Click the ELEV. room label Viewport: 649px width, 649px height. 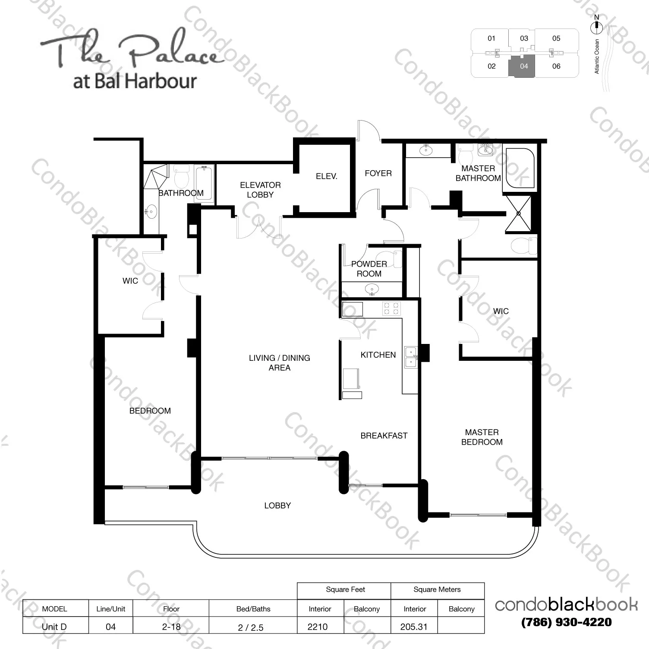pyautogui.click(x=326, y=176)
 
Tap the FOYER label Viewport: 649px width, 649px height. pyautogui.click(x=378, y=173)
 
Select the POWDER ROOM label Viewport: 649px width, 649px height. pyautogui.click(x=369, y=269)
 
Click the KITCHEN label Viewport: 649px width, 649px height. pyautogui.click(x=378, y=355)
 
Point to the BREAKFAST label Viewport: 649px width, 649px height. pyautogui.click(x=384, y=436)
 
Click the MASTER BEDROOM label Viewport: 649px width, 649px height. pyautogui.click(x=482, y=437)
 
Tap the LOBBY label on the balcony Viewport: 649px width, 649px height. pyautogui.click(x=277, y=505)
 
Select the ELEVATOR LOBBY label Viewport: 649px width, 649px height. pyautogui.click(x=260, y=190)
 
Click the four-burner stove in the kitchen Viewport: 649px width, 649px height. pyautogui.click(x=391, y=308)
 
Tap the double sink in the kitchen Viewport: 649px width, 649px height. pyautogui.click(x=411, y=356)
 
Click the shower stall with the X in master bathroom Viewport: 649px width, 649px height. pyautogui.click(x=518, y=213)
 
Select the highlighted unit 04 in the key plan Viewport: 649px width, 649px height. pyautogui.click(x=523, y=67)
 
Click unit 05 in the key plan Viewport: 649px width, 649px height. pyautogui.click(x=556, y=38)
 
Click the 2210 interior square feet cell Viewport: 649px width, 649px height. pyautogui.click(x=318, y=627)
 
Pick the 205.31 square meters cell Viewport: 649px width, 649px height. pyautogui.click(x=413, y=627)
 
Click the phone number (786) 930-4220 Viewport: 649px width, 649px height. pyautogui.click(x=566, y=622)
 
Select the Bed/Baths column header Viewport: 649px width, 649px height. pyautogui.click(x=253, y=609)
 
